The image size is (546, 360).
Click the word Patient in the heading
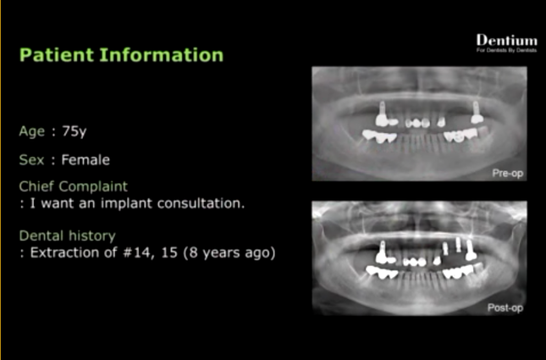click(57, 55)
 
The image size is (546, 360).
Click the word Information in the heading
click(162, 55)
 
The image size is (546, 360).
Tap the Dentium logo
click(507, 41)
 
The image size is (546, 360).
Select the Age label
click(32, 131)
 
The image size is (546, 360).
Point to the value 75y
click(74, 131)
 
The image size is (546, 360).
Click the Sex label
click(31, 160)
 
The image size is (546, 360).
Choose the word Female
click(85, 160)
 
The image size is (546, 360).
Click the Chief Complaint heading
click(74, 187)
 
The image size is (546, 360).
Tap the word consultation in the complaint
click(201, 203)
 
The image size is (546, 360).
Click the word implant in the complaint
click(127, 203)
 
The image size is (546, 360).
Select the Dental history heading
click(67, 236)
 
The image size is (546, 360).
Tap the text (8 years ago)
click(229, 252)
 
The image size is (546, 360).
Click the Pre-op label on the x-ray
click(508, 173)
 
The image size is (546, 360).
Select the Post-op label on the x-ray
click(505, 307)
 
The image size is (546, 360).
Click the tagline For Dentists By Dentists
click(507, 50)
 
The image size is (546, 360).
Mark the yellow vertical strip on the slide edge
click(1, 180)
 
